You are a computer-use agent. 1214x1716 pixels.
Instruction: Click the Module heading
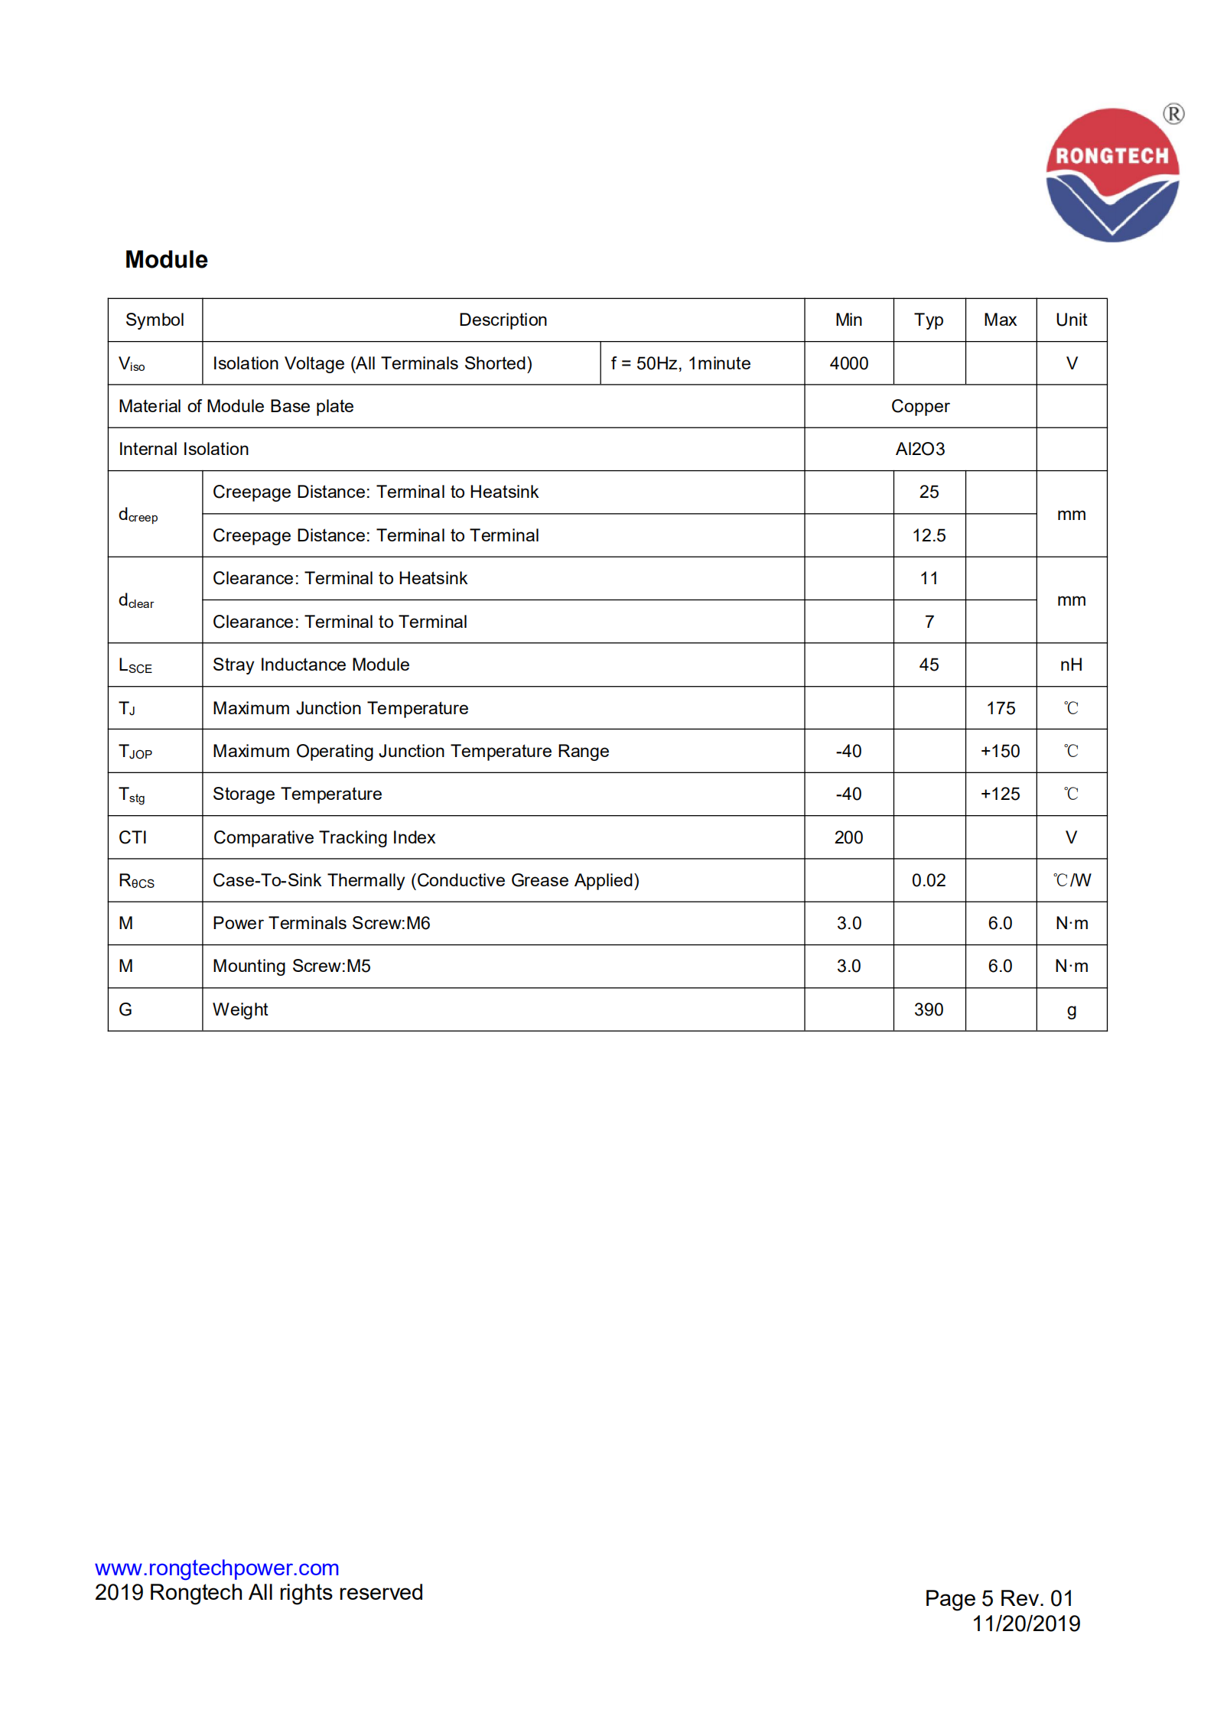166,260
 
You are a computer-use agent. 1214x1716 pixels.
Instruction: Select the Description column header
503,320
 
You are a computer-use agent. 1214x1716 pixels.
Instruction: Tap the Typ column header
928,320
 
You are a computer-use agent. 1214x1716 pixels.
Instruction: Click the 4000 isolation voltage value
848,363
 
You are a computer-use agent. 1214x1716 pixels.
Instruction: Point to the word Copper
919,406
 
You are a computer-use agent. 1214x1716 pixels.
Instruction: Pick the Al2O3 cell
919,449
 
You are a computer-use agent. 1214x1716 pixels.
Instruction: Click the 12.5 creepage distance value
928,535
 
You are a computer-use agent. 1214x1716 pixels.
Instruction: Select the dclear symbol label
136,601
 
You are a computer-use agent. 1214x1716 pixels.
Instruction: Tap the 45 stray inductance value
928,665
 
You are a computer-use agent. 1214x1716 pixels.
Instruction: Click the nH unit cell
1070,665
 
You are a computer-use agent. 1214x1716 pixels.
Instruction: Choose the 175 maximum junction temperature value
1000,708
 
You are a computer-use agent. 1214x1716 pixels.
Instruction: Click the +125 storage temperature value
1000,794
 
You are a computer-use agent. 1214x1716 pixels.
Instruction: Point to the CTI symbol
132,837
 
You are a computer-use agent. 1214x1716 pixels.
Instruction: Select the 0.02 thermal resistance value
928,880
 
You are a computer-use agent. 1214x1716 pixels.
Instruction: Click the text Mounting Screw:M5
291,966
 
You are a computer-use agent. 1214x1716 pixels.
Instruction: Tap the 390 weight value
928,1009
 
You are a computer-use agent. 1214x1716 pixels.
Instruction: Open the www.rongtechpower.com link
216,1568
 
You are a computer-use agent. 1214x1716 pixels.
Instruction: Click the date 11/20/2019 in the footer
1025,1623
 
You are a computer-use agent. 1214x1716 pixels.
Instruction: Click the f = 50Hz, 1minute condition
680,363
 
